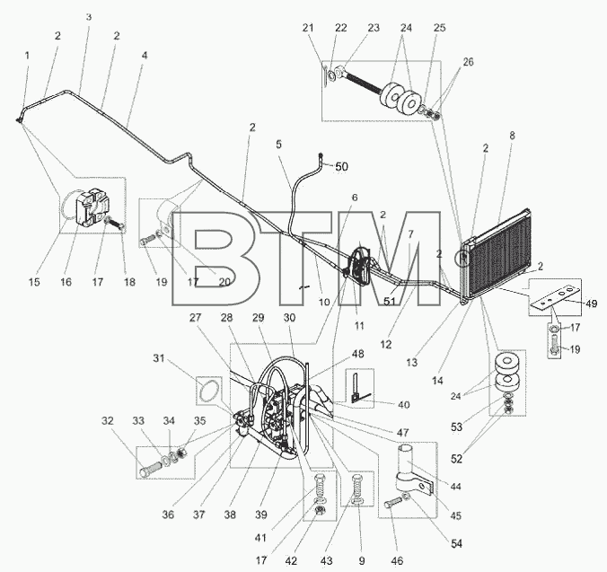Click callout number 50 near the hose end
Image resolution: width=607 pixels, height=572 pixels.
tap(341, 167)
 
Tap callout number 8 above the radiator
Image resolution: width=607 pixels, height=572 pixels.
tap(512, 136)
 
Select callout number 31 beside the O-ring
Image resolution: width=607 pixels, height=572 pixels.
tap(159, 359)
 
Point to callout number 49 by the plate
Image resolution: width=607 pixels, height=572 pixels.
tap(591, 304)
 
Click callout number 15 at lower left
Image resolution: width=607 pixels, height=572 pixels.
tap(34, 282)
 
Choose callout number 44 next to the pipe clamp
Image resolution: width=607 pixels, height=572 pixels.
tap(456, 487)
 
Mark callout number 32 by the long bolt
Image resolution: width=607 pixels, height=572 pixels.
tap(108, 420)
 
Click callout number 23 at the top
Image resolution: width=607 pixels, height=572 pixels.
tap(374, 28)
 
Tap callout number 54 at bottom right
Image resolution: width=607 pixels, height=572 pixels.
tap(457, 544)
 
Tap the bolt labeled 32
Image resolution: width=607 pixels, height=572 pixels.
tap(150, 468)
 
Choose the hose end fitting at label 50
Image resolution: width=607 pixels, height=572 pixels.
tap(321, 156)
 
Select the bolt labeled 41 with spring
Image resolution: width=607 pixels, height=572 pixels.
tap(319, 488)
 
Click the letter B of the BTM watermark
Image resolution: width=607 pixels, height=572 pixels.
tap(213, 259)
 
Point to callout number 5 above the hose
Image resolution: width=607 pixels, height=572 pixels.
tap(278, 145)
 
